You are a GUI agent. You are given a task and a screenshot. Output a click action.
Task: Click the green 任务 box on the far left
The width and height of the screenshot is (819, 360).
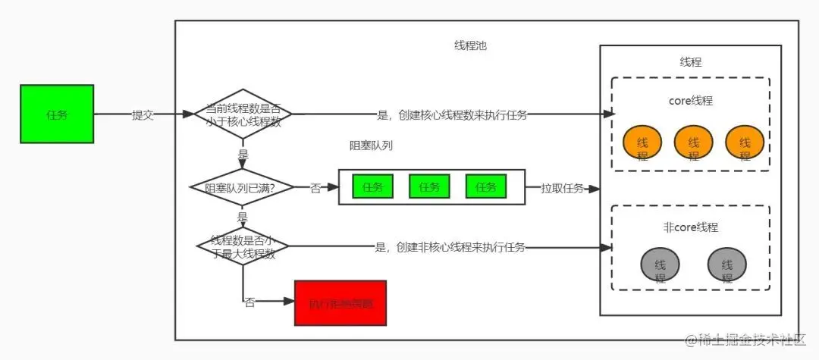coord(57,114)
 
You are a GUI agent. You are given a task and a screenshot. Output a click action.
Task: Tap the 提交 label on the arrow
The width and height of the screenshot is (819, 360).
coord(143,115)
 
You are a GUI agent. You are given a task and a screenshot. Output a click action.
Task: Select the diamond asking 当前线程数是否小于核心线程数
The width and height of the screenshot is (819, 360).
coord(243,114)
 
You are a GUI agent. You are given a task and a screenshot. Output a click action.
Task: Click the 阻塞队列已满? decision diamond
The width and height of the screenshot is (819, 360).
coord(242,187)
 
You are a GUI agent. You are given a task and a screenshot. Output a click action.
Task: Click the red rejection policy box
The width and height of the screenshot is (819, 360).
coord(340,302)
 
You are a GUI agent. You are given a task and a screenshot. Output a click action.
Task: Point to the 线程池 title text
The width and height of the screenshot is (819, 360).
coord(469,45)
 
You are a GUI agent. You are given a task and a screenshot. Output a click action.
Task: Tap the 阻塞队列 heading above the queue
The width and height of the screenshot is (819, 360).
coord(370,146)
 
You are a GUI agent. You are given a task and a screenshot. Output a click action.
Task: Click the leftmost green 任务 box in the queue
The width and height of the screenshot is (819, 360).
coord(372,186)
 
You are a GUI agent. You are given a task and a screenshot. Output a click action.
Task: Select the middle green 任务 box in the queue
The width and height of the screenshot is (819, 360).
coord(429,186)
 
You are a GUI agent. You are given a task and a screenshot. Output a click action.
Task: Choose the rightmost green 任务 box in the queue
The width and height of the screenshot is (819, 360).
coord(486,186)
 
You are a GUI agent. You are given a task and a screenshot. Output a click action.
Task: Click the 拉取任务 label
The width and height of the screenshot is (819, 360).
coord(562,188)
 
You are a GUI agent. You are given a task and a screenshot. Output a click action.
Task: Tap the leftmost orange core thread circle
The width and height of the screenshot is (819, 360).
coord(642,142)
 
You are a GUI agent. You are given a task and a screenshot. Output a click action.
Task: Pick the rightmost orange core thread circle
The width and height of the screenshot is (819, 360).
coord(744,142)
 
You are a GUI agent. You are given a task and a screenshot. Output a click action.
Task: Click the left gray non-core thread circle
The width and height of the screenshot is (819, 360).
coord(660,265)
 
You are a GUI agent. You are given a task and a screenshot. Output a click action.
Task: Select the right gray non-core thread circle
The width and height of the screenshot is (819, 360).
coord(727,265)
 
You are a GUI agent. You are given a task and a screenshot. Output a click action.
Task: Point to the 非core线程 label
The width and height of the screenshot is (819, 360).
coord(690,227)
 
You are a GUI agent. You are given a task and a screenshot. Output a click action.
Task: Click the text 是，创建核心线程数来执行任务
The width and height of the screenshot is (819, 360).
coord(452,115)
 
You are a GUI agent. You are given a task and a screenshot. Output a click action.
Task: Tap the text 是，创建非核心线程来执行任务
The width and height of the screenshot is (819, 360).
coord(450,247)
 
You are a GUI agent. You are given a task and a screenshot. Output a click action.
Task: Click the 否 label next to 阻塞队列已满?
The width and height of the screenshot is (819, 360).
coord(315,188)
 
